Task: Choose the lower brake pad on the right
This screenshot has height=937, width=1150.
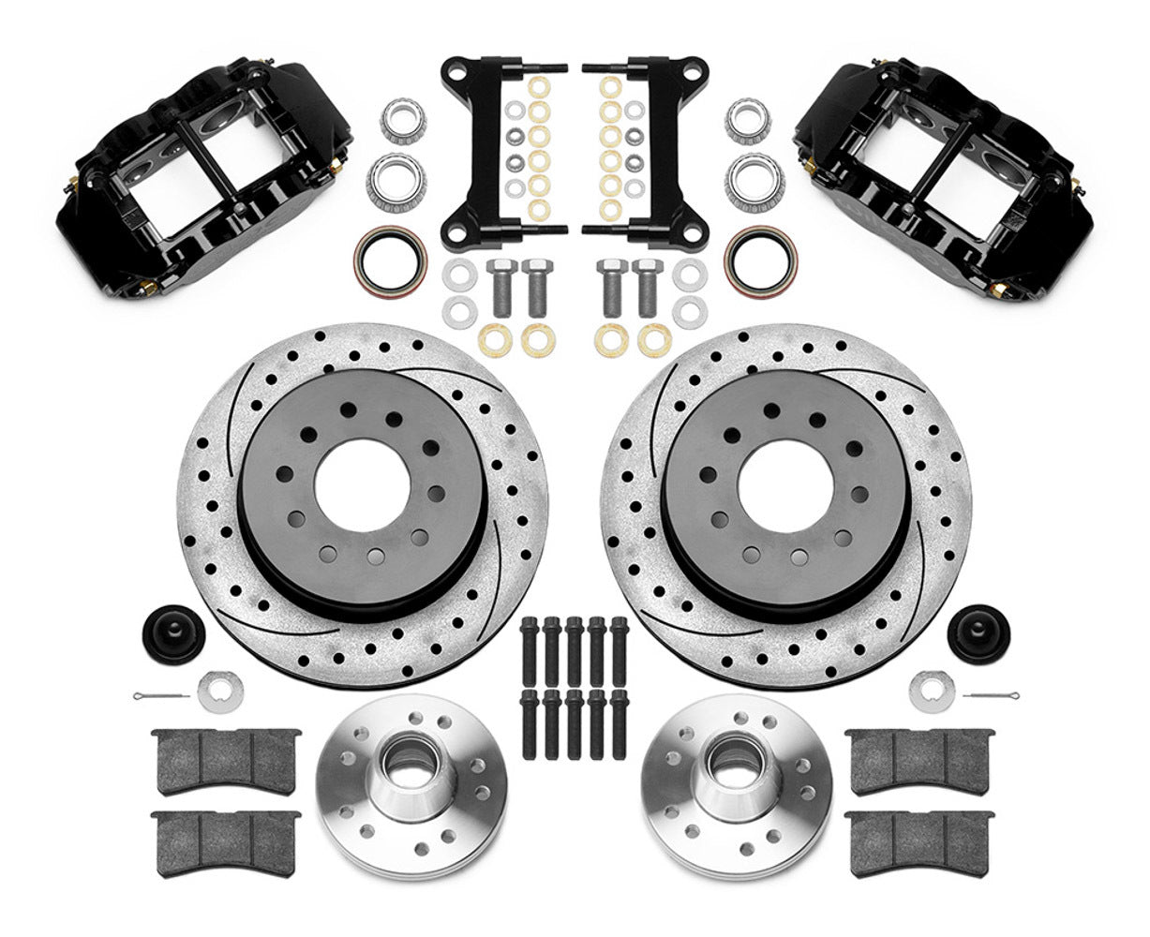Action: coord(919,832)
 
